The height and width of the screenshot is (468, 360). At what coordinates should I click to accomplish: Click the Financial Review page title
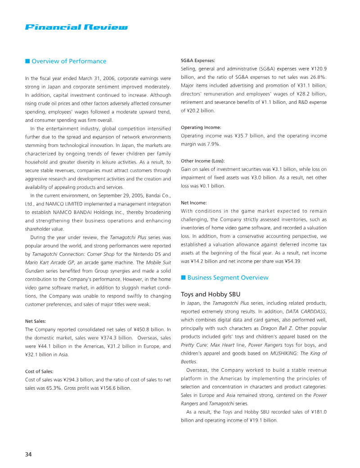click(76, 27)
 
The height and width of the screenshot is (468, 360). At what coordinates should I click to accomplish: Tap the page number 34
click(28, 454)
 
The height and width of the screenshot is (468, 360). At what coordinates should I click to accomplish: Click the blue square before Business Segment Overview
click(183, 277)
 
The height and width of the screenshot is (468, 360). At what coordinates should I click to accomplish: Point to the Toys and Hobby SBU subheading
click(207, 295)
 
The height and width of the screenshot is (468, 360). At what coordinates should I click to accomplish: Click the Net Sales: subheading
click(36, 321)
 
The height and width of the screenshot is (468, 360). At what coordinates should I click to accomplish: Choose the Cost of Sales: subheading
click(39, 371)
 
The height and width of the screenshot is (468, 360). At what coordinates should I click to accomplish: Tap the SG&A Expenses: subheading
click(198, 60)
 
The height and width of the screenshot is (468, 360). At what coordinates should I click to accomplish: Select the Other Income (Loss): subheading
click(202, 160)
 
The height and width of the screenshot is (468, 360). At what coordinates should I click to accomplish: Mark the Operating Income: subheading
click(201, 127)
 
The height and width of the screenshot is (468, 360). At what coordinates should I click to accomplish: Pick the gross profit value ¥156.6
click(102, 388)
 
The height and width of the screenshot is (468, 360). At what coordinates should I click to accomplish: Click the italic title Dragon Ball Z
click(279, 328)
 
